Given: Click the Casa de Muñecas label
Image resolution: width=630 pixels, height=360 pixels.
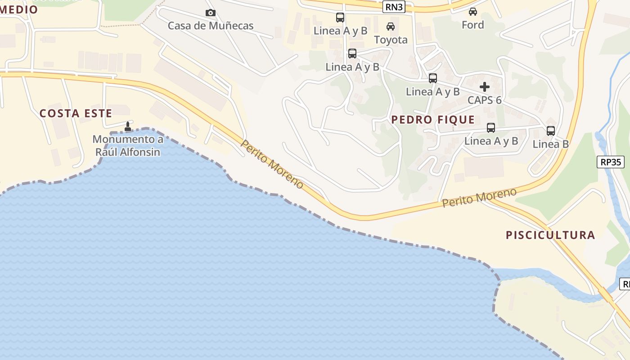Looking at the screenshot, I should tap(211, 26).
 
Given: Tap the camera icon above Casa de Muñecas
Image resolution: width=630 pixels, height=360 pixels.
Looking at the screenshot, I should tap(210, 13).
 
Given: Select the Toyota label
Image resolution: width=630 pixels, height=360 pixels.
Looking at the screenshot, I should tap(391, 40).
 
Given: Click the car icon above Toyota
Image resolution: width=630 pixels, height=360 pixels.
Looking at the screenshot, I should tap(391, 27).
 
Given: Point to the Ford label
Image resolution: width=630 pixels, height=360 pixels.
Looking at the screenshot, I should tap(472, 25).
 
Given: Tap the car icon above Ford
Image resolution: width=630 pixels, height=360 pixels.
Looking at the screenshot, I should tap(472, 12).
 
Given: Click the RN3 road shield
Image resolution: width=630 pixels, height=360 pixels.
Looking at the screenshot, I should tap(393, 7).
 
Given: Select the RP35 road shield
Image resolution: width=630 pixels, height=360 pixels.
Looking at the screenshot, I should tap(611, 162).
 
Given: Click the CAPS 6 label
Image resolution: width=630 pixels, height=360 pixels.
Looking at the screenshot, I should tap(484, 100).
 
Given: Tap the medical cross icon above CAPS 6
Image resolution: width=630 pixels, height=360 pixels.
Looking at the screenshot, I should tap(484, 86).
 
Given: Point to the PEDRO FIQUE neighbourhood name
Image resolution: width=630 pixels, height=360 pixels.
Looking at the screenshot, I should tap(433, 120).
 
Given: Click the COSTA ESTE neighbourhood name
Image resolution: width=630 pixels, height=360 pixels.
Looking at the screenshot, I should tap(76, 113).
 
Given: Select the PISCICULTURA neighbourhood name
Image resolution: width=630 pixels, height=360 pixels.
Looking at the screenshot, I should tap(550, 235).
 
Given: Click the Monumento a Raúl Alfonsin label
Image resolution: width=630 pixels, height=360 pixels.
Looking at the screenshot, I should tap(128, 145).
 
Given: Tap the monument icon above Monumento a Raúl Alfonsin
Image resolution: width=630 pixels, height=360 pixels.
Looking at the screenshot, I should tap(128, 127).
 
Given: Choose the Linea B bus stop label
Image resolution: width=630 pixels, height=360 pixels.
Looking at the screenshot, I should tap(550, 144).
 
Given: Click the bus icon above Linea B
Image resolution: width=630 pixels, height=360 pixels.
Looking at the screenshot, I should tap(550, 131).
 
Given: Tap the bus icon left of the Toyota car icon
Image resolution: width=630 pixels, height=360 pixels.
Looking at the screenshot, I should tap(340, 18).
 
